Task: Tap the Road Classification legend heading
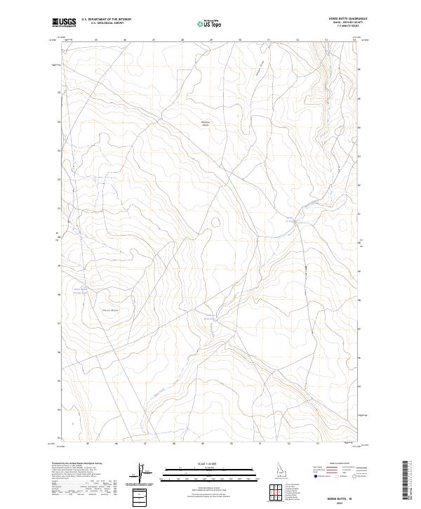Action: pos(340,464)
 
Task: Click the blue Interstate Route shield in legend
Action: pos(316,476)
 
